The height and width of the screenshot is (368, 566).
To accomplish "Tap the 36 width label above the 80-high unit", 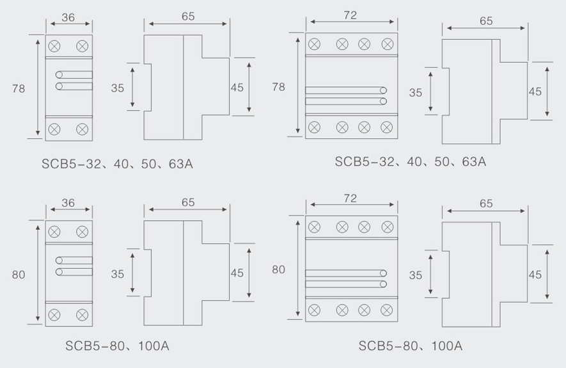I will click(x=68, y=203).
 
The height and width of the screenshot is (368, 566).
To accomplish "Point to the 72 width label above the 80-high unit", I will click(x=350, y=198).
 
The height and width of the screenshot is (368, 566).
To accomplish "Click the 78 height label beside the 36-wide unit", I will click(x=19, y=88).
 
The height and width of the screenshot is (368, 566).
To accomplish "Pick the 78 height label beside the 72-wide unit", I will click(x=279, y=86).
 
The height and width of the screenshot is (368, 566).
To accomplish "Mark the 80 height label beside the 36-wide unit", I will click(x=19, y=275).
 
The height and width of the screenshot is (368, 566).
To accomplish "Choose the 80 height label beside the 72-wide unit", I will click(x=278, y=269).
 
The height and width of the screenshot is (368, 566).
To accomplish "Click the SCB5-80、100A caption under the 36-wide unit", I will click(x=117, y=346).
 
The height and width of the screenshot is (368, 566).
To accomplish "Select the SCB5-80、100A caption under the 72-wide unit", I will click(x=410, y=346).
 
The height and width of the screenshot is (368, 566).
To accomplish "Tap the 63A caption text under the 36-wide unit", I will click(x=180, y=164).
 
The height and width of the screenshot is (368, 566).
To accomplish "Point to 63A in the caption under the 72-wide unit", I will click(x=473, y=161).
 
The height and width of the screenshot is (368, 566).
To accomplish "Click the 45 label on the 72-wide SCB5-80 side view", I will click(x=535, y=275).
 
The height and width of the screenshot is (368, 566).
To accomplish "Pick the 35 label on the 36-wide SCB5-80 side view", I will click(x=118, y=275).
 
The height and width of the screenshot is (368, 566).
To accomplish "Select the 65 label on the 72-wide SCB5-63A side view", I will click(x=486, y=20).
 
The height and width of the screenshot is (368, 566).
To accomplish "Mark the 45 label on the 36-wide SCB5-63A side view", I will click(x=237, y=88).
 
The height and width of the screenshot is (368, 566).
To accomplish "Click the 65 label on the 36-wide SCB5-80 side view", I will click(x=187, y=203).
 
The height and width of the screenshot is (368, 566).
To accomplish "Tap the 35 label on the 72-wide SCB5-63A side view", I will click(x=416, y=93).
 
